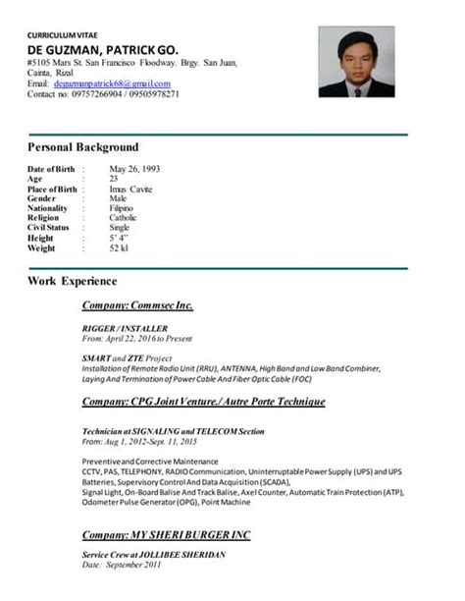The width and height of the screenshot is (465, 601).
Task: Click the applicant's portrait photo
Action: (x=356, y=62)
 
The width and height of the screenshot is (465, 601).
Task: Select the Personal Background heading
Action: (x=83, y=147)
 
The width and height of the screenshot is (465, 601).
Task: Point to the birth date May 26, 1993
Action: (x=133, y=169)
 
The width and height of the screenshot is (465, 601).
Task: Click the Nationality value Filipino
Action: (x=123, y=208)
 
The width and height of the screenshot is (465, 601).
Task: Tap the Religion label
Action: (x=47, y=218)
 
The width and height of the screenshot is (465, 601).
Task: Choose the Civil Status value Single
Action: (x=119, y=228)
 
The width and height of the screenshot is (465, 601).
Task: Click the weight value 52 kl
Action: (x=119, y=247)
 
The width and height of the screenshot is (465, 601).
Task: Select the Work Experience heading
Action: (x=73, y=281)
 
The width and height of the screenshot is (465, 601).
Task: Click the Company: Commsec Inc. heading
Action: (x=137, y=305)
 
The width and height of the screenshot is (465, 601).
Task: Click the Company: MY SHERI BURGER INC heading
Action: (x=166, y=534)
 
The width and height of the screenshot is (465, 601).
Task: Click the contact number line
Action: (x=103, y=94)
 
